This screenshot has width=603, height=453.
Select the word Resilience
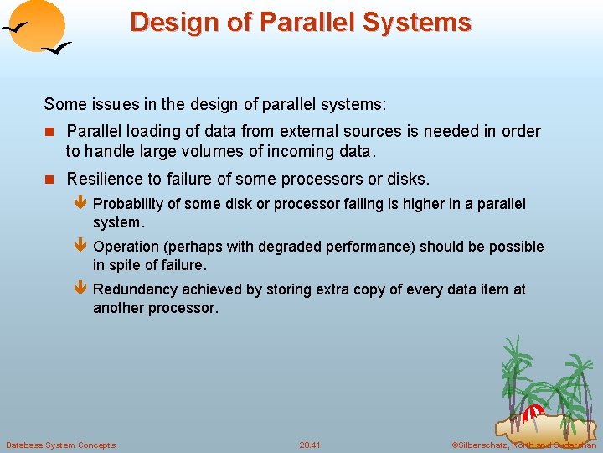tap(105, 179)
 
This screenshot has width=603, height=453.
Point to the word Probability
tap(131, 204)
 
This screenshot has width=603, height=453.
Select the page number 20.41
tap(310, 445)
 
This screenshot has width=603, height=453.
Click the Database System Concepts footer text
tap(60, 445)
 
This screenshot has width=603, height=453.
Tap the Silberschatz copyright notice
tap(523, 445)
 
